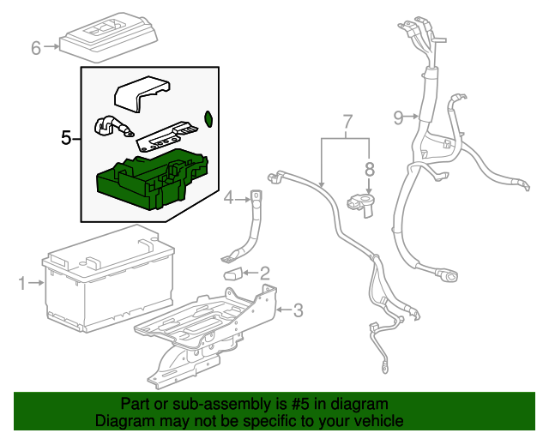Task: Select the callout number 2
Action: click(x=264, y=274)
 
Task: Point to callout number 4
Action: click(x=229, y=199)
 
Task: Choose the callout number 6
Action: click(x=36, y=48)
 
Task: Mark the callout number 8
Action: click(x=370, y=168)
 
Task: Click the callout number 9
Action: click(x=399, y=117)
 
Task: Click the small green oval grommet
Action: click(x=208, y=118)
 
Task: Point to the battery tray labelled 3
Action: click(x=214, y=326)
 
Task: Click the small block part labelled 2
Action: click(x=232, y=274)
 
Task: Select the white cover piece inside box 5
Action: click(x=142, y=91)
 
